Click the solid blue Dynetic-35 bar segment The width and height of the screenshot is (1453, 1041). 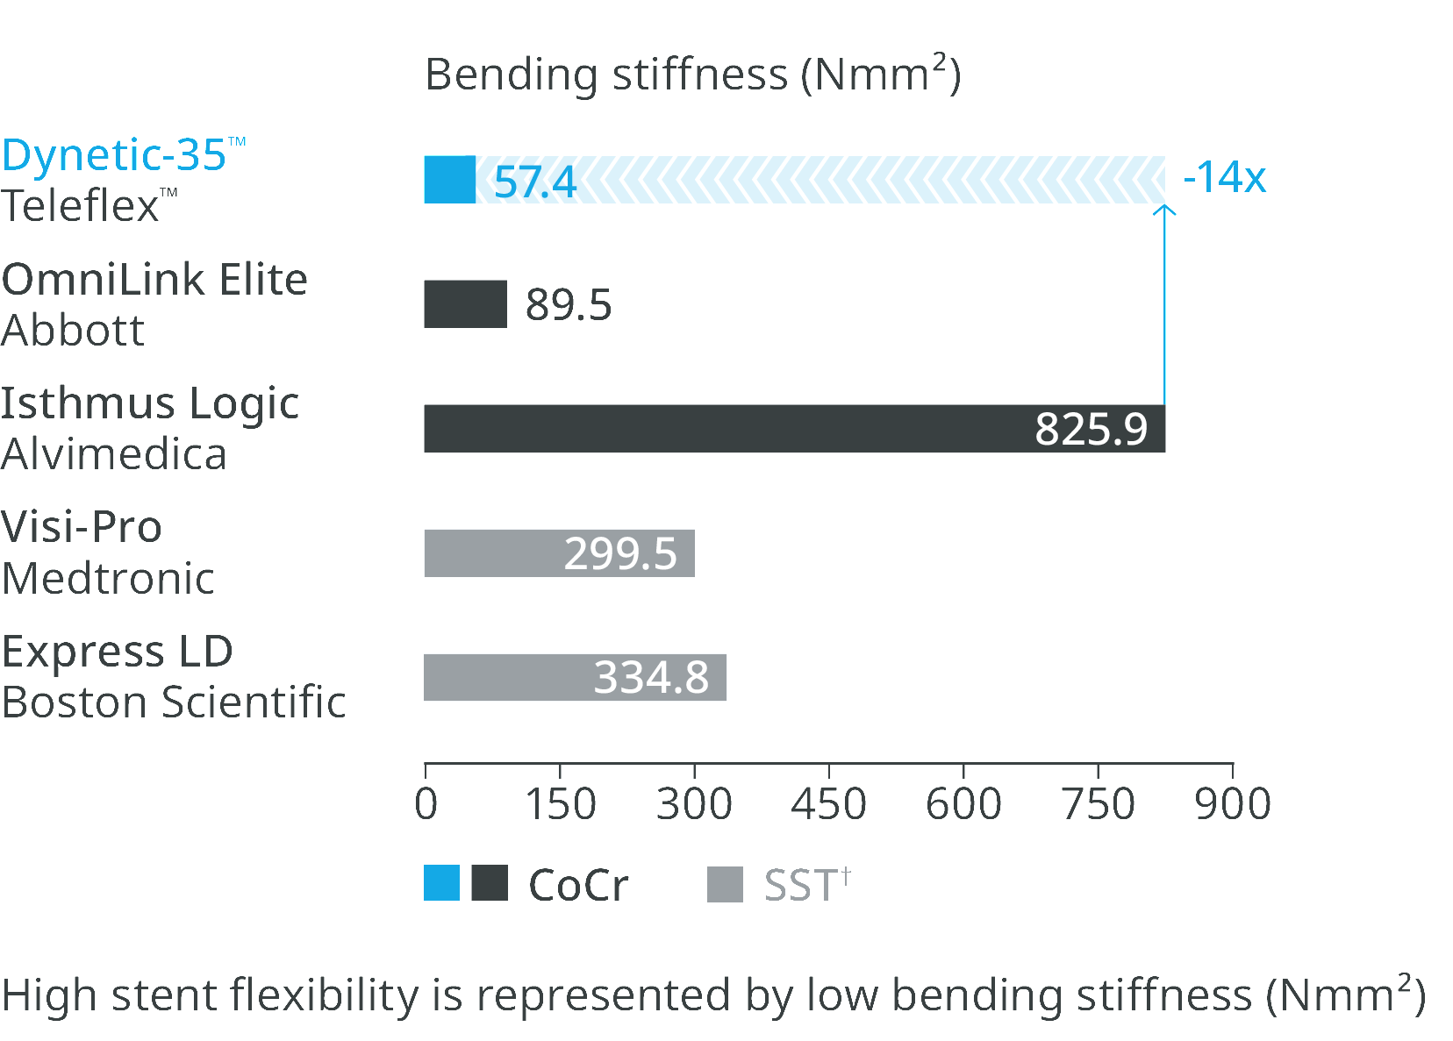(x=449, y=180)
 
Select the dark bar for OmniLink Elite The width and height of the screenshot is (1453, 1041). (x=465, y=304)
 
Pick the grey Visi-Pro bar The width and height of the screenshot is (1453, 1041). (x=491, y=553)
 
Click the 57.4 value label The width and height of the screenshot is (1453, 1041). (x=535, y=182)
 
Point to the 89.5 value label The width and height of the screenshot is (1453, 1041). (x=568, y=305)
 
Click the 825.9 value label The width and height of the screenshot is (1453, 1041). (x=1091, y=429)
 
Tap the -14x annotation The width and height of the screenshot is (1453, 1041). (x=1225, y=177)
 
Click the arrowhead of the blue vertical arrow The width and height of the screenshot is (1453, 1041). (x=1164, y=210)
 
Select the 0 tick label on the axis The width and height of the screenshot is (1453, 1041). (x=426, y=803)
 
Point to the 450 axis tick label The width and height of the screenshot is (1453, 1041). (x=828, y=803)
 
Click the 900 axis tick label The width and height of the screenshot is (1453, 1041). (x=1233, y=803)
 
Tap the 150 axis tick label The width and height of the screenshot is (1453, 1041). (x=560, y=803)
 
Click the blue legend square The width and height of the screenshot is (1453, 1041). (x=441, y=883)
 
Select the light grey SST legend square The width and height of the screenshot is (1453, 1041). (x=725, y=884)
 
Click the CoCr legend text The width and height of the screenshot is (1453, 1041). (x=579, y=885)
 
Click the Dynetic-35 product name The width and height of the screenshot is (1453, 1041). (x=114, y=155)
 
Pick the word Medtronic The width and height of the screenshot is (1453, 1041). (x=109, y=579)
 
